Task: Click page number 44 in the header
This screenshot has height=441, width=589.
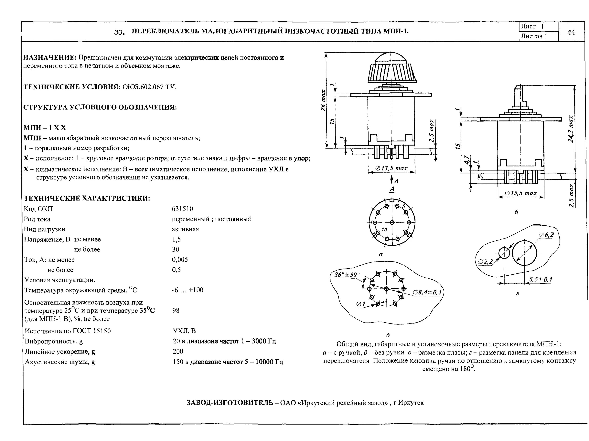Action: click(571, 32)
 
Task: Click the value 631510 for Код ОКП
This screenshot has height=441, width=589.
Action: click(182, 209)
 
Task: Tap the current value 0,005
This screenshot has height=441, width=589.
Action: click(180, 259)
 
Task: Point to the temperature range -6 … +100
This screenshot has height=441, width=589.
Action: click(187, 290)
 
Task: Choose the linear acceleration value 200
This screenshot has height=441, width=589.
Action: click(178, 351)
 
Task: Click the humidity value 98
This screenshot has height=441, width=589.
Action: click(176, 310)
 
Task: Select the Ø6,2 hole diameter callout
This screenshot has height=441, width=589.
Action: click(546, 235)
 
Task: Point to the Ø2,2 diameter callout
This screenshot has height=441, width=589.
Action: click(485, 262)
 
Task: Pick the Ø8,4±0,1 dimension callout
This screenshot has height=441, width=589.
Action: click(427, 292)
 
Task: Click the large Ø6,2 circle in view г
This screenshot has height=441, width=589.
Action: click(525, 253)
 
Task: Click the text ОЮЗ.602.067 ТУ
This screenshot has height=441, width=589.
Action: click(149, 87)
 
